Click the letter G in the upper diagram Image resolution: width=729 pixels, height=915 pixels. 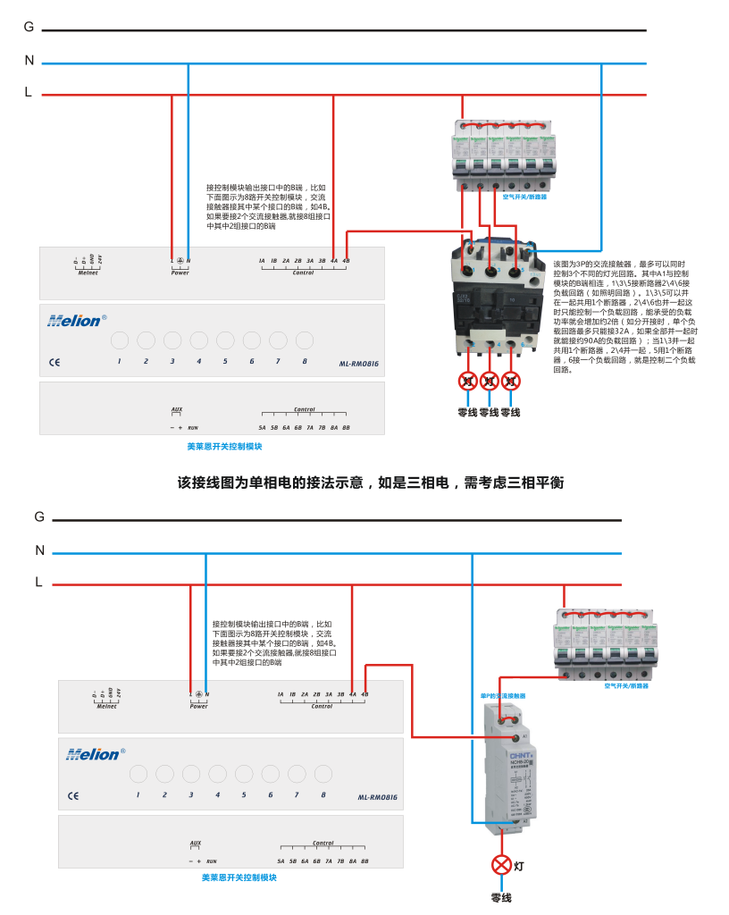(x=29, y=27)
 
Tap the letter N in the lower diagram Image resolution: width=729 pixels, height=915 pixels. (x=39, y=550)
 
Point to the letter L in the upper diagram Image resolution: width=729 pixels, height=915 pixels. (x=29, y=92)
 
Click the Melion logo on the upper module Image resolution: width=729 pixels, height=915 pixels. (x=76, y=320)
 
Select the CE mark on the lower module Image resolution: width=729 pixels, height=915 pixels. (x=73, y=795)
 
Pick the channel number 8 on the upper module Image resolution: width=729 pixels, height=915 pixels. (x=305, y=361)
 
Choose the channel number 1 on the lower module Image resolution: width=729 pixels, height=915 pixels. (x=138, y=794)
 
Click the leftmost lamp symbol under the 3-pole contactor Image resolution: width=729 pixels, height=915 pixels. (x=467, y=381)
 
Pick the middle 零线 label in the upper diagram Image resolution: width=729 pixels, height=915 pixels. (x=489, y=413)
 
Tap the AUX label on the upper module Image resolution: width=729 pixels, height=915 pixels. (x=177, y=410)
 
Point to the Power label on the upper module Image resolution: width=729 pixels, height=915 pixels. (x=180, y=273)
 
